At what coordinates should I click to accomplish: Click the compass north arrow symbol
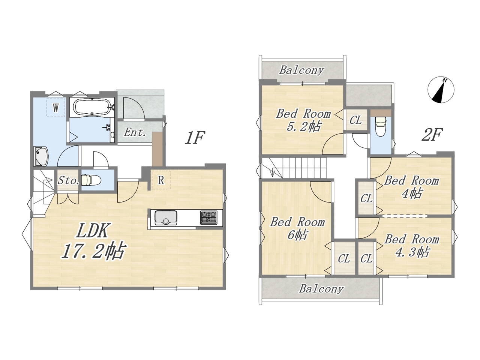pyautogui.click(x=441, y=90)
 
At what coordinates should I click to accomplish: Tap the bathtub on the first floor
pyautogui.click(x=92, y=107)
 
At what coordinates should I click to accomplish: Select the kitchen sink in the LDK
pyautogui.click(x=166, y=218)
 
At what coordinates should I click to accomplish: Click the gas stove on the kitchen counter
pyautogui.click(x=208, y=217)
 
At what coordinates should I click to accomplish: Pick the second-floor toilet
pyautogui.click(x=381, y=126)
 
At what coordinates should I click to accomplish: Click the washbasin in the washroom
pyautogui.click(x=41, y=156)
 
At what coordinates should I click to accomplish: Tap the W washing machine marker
pyautogui.click(x=56, y=108)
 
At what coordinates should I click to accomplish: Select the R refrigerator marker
pyautogui.click(x=161, y=180)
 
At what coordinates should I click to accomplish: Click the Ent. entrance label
pyautogui.click(x=135, y=132)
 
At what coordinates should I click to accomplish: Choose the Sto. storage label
pyautogui.click(x=68, y=181)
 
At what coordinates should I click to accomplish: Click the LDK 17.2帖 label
pyautogui.click(x=94, y=241)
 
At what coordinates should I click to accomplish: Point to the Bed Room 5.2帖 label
pyautogui.click(x=303, y=120)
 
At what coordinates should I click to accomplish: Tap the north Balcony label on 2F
pyautogui.click(x=302, y=70)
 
